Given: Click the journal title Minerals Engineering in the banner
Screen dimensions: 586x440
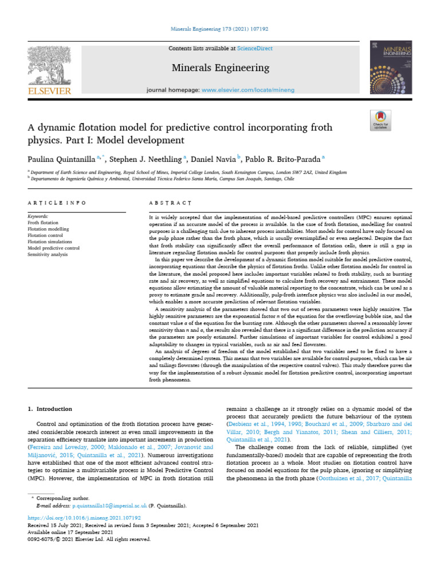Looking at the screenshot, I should pos(221,68).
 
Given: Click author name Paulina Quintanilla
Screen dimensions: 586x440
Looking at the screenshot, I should pos(61,159).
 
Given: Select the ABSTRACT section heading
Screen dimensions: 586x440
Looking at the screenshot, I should pos(170,203).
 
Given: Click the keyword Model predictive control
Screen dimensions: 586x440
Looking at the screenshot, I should pos(53,248).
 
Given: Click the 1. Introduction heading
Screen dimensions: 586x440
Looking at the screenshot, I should pos(50,409).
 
